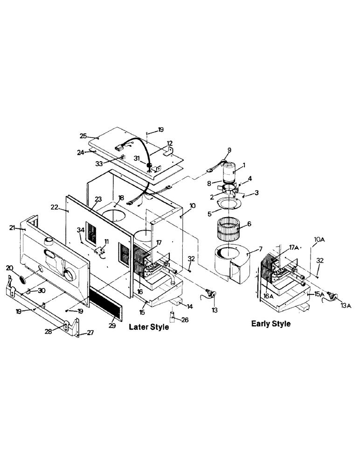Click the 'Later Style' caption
[148, 328]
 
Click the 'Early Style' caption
[270, 323]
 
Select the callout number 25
[83, 136]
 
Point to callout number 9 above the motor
[229, 150]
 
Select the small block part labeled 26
[173, 316]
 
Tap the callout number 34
[81, 230]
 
